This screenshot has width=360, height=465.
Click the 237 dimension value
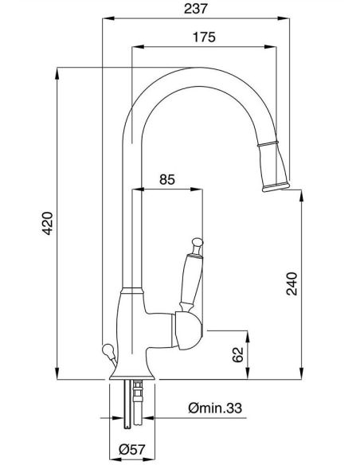[196, 8]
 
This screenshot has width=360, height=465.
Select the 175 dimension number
[205, 37]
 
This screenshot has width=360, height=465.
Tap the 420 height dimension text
[48, 223]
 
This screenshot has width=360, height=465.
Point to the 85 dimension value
[167, 179]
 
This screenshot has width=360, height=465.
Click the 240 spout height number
[292, 283]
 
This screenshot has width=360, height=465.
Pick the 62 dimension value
[238, 354]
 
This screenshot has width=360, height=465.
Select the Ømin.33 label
[215, 408]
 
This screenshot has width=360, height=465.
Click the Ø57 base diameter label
[132, 450]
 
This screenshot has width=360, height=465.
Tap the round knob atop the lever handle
[198, 242]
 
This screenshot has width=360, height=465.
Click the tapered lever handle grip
[193, 277]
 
